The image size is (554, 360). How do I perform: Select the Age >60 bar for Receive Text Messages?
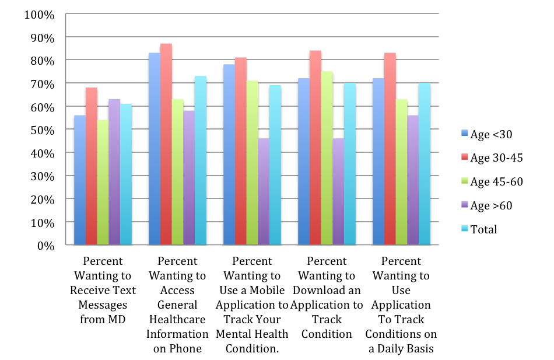114,172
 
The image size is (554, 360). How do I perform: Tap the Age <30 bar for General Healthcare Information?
154,149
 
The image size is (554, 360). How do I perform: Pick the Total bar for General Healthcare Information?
200,160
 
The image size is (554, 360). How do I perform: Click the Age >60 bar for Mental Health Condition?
264,192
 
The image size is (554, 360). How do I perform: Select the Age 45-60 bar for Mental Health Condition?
252,163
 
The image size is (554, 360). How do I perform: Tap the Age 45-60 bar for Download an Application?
327,158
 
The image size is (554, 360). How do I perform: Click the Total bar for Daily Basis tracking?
424,164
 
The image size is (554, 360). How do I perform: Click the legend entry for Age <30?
486,135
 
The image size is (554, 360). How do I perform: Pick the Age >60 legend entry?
486,205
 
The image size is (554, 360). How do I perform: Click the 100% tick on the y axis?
39,14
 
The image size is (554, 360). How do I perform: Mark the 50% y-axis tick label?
42,130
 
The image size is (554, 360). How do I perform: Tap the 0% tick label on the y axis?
45,246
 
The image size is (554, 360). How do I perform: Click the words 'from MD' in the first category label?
103,319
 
